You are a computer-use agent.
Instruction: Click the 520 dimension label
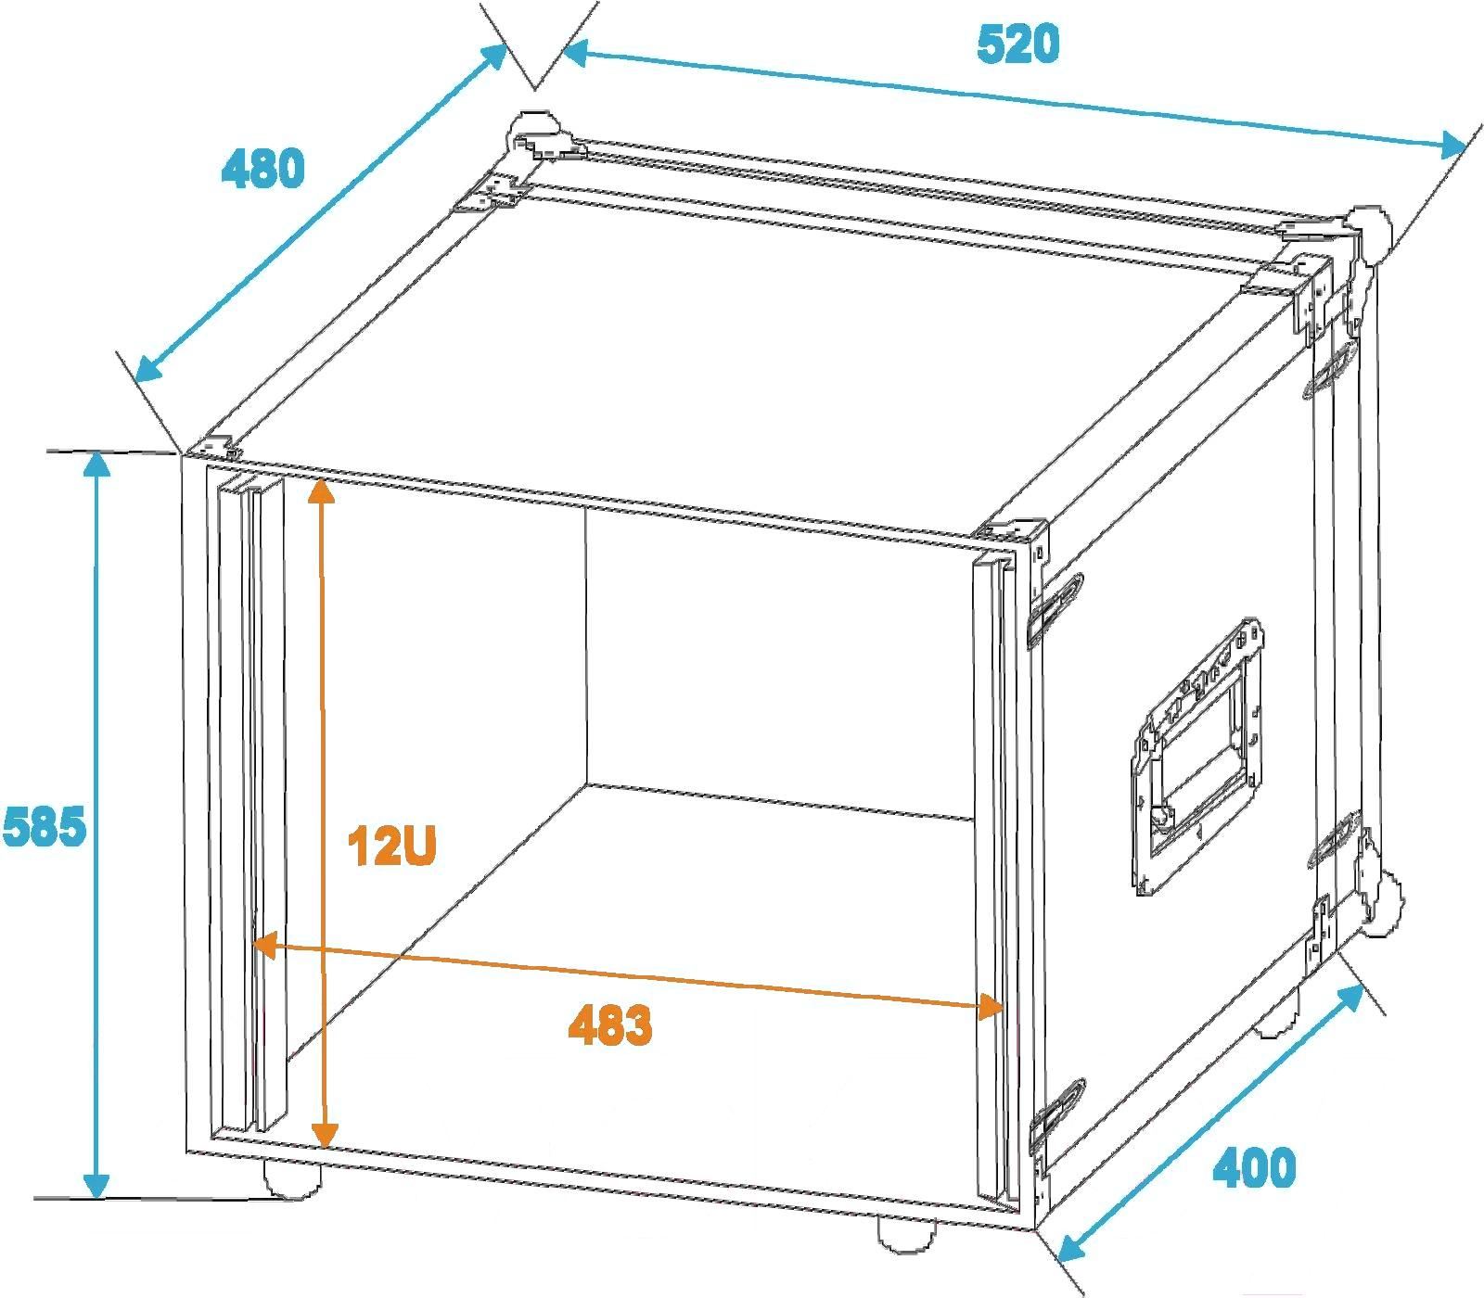click(x=1017, y=45)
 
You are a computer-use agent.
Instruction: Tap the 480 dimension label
click(x=263, y=169)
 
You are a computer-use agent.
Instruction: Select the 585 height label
click(x=44, y=826)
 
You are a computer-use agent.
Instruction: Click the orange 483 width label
click(x=610, y=1024)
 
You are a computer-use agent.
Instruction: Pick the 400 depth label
click(x=1254, y=1168)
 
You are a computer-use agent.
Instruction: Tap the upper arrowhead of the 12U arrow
click(x=321, y=489)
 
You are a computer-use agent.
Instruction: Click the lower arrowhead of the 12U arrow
click(x=324, y=1133)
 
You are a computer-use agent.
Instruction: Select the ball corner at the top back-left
click(x=531, y=132)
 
